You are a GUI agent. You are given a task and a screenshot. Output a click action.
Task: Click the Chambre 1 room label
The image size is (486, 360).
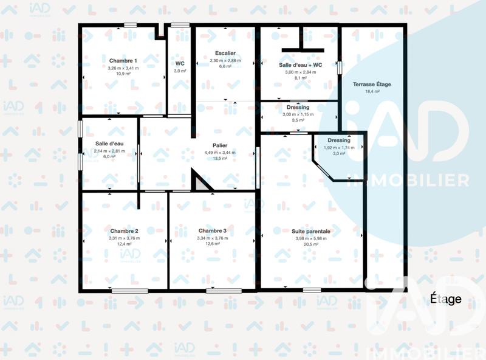(x=123, y=61)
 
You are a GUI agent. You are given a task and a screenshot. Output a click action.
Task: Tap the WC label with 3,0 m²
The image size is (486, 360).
(x=180, y=63)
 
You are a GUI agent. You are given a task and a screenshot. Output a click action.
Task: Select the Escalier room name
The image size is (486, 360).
(x=225, y=54)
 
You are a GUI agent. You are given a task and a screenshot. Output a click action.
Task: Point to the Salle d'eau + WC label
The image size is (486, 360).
(x=300, y=64)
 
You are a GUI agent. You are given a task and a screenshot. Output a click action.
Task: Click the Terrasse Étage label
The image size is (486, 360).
(x=372, y=84)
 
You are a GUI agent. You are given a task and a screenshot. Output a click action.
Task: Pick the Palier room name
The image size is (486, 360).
(x=220, y=145)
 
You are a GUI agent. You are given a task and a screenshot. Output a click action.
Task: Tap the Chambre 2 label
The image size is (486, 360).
(x=124, y=231)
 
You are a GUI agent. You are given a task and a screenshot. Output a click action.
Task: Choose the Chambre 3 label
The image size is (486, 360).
(x=212, y=230)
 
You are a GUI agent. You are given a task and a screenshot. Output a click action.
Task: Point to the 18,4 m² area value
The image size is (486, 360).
(x=372, y=91)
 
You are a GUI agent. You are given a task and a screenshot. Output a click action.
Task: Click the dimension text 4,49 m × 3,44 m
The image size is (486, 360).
(x=220, y=152)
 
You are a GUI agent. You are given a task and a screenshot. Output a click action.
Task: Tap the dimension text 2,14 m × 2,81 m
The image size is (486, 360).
(x=109, y=151)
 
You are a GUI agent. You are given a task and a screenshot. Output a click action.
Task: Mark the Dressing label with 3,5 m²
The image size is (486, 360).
(x=298, y=108)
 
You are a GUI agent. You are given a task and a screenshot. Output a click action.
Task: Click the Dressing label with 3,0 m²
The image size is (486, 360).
(x=338, y=140)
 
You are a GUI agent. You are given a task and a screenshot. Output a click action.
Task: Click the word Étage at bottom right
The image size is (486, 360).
(x=446, y=299)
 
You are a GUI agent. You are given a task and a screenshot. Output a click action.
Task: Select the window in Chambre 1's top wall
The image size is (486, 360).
(x=131, y=25)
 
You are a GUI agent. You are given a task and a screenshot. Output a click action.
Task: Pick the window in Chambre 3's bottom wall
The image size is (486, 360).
(x=215, y=291)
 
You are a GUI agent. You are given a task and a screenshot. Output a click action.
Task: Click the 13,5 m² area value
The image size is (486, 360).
(x=220, y=158)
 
